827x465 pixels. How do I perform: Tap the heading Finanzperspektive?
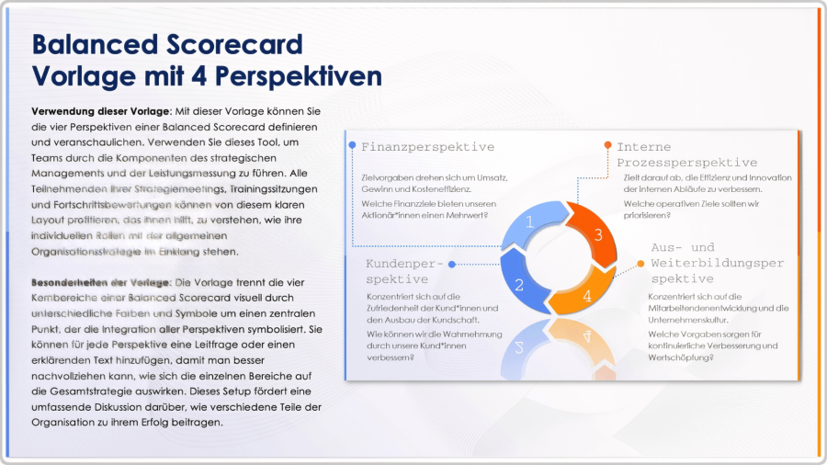pos(427,147)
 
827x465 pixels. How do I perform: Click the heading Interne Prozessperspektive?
pos(686,154)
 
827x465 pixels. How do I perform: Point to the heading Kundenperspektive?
pos(404,271)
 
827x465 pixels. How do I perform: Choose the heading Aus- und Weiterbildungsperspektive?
pos(717,263)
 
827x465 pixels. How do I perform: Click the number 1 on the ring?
pos(530,221)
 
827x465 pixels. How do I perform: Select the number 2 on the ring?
pos(519,285)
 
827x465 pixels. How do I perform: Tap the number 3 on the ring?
pos(598,234)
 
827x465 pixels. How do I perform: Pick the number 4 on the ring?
pos(587,297)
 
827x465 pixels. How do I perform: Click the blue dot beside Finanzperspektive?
pos(352,145)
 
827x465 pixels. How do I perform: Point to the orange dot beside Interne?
pos(607,145)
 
